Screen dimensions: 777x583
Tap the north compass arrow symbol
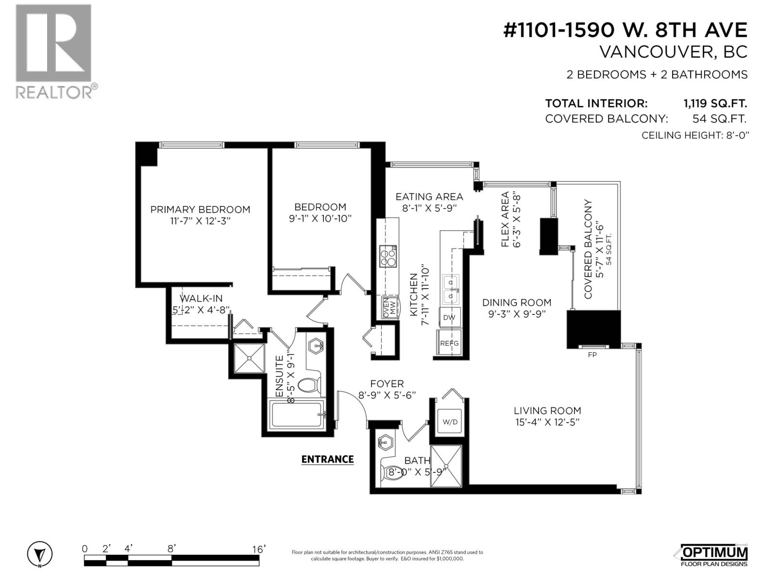coord(40,554)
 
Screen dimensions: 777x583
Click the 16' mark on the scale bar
coord(259,549)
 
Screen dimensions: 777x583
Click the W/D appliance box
coord(450,422)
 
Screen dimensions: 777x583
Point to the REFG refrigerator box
coord(449,343)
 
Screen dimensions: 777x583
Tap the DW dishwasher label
coord(449,318)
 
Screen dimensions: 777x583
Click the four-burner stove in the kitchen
coord(388,257)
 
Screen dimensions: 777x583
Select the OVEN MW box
coord(389,308)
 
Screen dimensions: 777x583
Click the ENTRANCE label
coord(327,460)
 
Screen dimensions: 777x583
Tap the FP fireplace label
coord(592,355)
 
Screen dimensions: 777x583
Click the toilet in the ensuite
coord(309,385)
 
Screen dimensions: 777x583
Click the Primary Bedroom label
coord(200,209)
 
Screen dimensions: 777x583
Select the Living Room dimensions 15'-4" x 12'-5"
coord(547,422)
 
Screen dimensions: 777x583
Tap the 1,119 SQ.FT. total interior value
coord(715,103)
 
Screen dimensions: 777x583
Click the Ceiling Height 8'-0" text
coord(695,135)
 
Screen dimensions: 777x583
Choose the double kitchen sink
coord(450,290)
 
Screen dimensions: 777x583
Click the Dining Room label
coord(517,303)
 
